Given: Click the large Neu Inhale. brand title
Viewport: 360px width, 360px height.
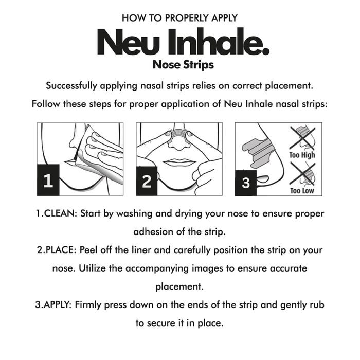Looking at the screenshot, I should pyautogui.click(x=182, y=44).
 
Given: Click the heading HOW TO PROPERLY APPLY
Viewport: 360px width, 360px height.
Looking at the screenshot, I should pyautogui.click(x=180, y=18).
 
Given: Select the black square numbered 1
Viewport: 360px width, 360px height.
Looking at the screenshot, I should pyautogui.click(x=48, y=181).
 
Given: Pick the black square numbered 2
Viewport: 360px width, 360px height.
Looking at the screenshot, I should pyautogui.click(x=147, y=181).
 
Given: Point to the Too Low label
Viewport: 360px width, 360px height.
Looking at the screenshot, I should pyautogui.click(x=302, y=191).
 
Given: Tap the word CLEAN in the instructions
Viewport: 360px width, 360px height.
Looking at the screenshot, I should pyautogui.click(x=58, y=213).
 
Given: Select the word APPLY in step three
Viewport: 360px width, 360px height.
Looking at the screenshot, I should pyautogui.click(x=56, y=305).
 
